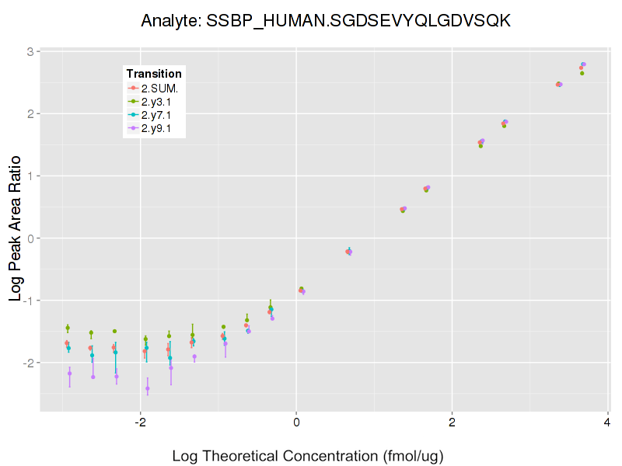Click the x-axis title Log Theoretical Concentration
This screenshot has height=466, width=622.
(307, 455)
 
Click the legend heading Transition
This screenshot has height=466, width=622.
(154, 74)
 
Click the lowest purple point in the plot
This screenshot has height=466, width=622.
(148, 388)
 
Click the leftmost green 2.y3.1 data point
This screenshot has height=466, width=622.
(68, 328)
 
